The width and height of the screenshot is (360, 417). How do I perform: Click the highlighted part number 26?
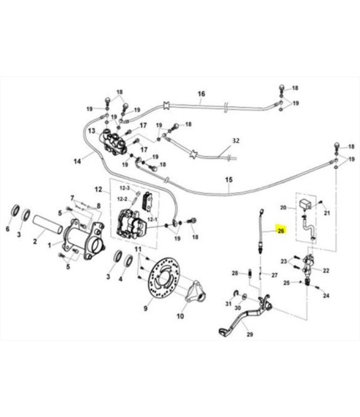coord(281,231)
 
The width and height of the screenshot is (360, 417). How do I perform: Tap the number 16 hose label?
coord(201,94)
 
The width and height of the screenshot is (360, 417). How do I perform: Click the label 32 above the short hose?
coord(236,140)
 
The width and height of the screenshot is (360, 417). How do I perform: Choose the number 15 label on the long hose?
coord(229,180)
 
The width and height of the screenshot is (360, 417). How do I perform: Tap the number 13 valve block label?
coord(92,131)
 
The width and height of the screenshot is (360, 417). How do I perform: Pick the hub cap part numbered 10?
coord(196,291)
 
